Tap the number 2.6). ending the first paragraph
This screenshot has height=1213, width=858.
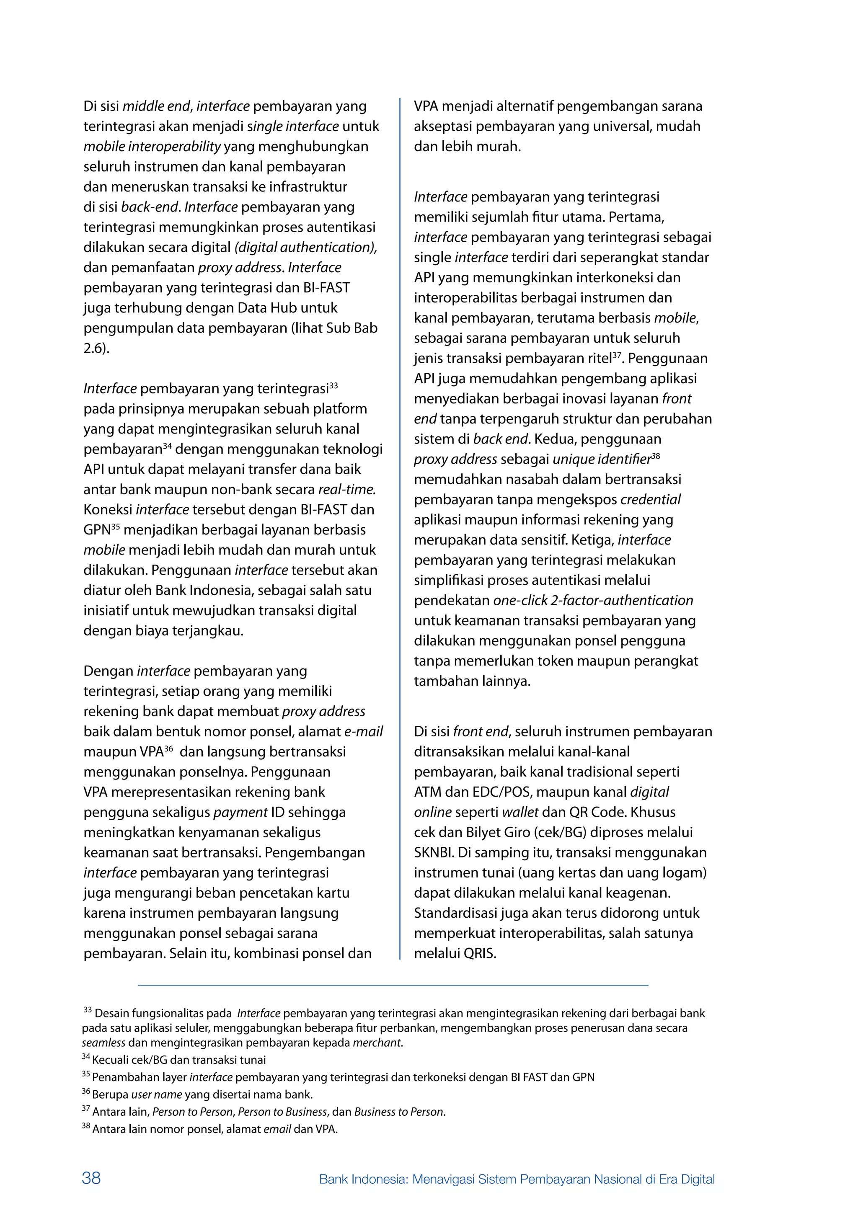tap(96, 348)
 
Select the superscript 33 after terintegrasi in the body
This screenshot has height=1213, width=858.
tap(333, 385)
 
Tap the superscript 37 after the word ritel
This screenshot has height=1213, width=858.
tap(617, 356)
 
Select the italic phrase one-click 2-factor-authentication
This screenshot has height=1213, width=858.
tap(593, 601)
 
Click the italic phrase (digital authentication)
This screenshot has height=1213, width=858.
tap(305, 247)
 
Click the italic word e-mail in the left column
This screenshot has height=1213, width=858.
tap(364, 732)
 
